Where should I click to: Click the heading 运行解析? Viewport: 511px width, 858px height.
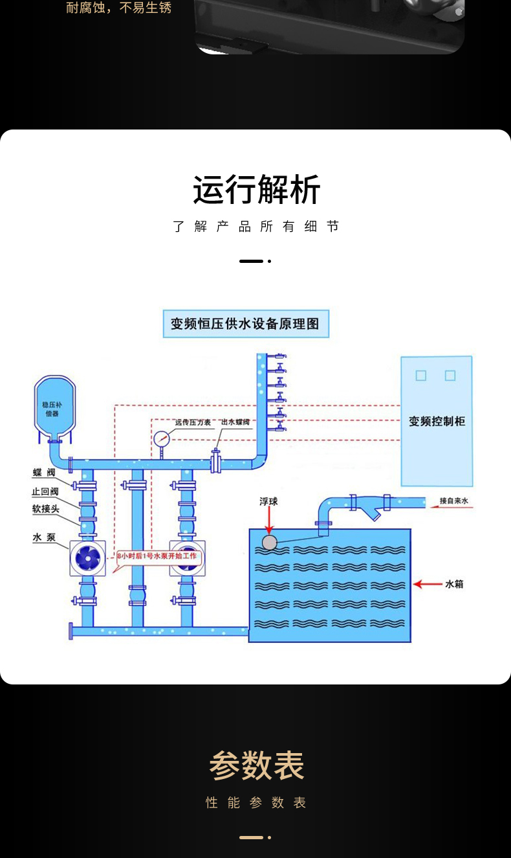pos(256,190)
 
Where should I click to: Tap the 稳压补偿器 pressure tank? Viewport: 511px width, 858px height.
pos(55,408)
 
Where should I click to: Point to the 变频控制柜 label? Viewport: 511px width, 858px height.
pos(437,421)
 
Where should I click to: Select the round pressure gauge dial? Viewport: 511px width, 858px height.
pos(162,438)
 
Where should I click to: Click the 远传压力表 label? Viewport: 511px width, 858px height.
pos(193,422)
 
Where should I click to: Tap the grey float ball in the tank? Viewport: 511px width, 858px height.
pos(270,542)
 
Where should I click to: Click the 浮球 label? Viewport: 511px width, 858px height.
pos(269,501)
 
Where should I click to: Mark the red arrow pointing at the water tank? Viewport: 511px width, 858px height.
pos(426,584)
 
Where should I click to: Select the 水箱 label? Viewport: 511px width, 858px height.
pos(454,584)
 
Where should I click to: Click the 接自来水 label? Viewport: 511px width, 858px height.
pos(457,501)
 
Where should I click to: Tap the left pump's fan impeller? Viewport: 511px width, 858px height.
pos(87,558)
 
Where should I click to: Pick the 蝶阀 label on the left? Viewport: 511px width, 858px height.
pos(45,473)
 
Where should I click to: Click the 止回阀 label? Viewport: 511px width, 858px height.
pos(45,491)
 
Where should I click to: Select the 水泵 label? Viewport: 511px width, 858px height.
pos(45,537)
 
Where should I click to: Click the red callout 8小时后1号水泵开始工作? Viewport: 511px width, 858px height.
pos(158,556)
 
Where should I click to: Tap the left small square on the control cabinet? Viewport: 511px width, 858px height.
pos(421,376)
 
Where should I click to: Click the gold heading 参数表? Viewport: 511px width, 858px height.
pos(256,766)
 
